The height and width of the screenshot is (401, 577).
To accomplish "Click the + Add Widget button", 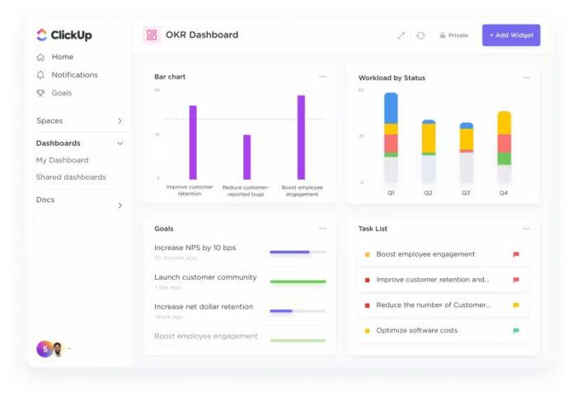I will [x=511, y=35].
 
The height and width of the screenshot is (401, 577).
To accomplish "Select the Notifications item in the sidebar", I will [x=74, y=75].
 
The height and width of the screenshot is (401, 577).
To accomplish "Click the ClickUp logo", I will [x=63, y=35].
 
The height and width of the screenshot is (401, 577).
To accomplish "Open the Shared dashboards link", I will [x=71, y=177].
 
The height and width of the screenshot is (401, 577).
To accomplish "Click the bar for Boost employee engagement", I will [x=301, y=137].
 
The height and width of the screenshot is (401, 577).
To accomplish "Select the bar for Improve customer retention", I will [x=193, y=142].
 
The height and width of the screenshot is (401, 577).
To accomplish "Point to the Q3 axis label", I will [x=466, y=193].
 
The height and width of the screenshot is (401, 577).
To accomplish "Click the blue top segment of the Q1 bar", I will [x=391, y=108].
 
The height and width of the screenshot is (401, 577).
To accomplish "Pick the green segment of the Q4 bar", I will [x=504, y=158].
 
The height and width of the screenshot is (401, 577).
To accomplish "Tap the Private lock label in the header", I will [x=453, y=35].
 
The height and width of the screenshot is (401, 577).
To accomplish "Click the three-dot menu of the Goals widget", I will [x=322, y=229].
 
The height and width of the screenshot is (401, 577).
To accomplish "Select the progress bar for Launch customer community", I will [x=297, y=281].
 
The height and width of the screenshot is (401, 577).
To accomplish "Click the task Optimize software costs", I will [x=416, y=331].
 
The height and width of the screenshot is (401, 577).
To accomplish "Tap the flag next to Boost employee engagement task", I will [x=516, y=255].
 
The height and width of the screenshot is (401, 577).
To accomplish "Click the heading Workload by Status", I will [x=392, y=78].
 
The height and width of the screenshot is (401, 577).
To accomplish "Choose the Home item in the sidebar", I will [x=62, y=57].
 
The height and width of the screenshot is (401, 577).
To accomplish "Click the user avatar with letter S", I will [x=44, y=349].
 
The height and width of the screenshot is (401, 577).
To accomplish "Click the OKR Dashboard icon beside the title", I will [x=152, y=35].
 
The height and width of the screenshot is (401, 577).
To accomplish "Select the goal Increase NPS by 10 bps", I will [x=195, y=248].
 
